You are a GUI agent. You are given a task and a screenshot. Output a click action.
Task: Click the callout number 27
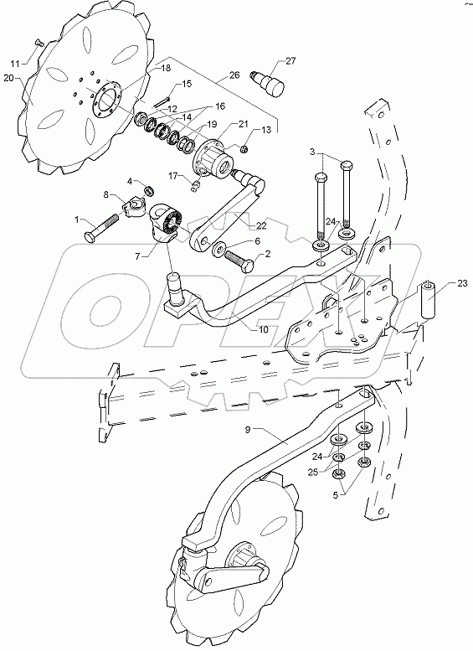tap(290, 61)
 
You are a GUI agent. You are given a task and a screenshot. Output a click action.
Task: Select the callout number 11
tap(14, 63)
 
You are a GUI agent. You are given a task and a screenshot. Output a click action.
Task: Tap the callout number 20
tap(9, 79)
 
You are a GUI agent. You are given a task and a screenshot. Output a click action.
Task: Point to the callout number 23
tap(463, 283)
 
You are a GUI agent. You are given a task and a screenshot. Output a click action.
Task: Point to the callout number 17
tap(173, 175)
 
